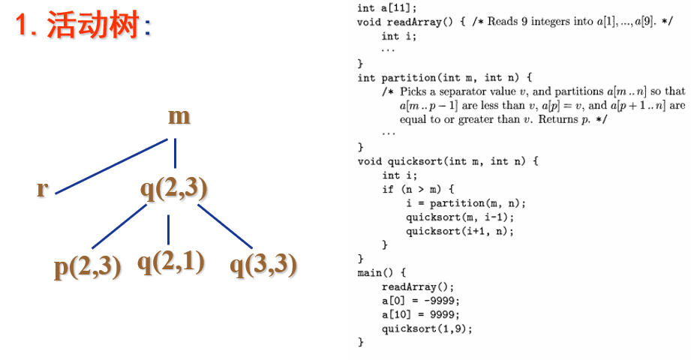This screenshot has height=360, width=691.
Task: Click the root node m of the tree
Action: point(179,117)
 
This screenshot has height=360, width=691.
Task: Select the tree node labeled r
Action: point(42,188)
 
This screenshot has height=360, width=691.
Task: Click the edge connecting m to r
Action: point(112,166)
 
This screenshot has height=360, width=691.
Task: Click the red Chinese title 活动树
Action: point(93,25)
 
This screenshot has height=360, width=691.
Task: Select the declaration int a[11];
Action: point(386,8)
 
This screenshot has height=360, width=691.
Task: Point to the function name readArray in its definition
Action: point(414,22)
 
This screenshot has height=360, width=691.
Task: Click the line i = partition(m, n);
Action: point(466,203)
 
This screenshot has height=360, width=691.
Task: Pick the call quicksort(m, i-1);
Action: point(460,217)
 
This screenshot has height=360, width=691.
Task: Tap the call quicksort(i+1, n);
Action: point(460,231)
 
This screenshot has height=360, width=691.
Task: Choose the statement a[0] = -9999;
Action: point(420,301)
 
